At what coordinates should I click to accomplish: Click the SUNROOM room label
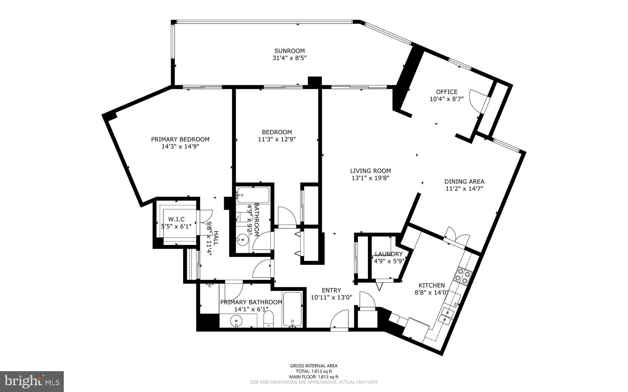point(289,51)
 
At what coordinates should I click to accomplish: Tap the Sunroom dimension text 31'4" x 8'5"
point(289,58)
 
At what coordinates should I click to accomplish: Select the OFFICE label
point(447,92)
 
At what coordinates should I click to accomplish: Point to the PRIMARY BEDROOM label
point(180,139)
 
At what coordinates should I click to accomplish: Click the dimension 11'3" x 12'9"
point(277,139)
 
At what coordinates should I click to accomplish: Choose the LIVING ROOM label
point(370,171)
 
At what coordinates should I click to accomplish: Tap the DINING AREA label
point(464,182)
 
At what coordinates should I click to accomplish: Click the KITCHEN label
point(432,285)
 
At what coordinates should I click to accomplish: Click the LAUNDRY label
point(389,254)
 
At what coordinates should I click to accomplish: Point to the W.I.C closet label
point(177,219)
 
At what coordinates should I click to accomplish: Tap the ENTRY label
point(331,290)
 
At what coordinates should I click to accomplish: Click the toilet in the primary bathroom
point(269,319)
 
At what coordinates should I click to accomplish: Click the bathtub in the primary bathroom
point(293,309)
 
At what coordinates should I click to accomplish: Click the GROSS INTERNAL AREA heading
point(314,366)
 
